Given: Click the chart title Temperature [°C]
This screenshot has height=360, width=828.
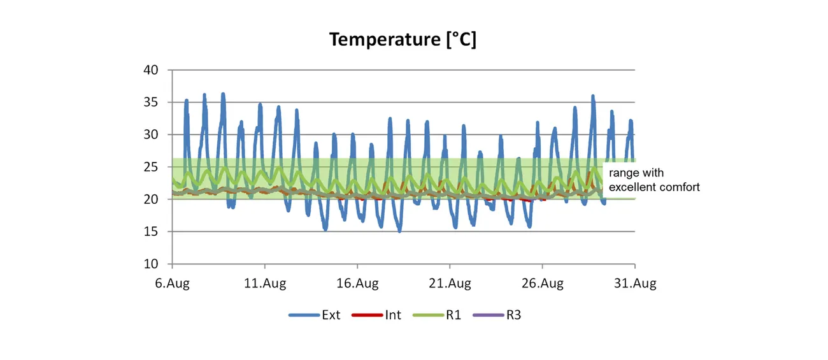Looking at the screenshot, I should coord(403,40).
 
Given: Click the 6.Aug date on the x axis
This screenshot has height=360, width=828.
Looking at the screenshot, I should coord(172,284).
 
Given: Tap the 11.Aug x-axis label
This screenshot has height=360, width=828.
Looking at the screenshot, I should coord(264,284).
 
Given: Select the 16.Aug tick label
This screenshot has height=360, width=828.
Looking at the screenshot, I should coord(357,284).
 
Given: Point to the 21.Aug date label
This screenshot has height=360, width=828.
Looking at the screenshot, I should coord(450,284).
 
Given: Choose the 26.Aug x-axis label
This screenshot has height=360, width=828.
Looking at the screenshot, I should coord(542,284).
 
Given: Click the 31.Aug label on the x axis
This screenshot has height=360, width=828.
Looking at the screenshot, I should coord(634,284).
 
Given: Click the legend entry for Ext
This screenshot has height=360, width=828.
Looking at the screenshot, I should coord(331,315).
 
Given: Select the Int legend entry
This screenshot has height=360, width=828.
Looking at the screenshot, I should coord(393,315).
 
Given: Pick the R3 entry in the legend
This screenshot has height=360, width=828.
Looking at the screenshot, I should coord(513,315).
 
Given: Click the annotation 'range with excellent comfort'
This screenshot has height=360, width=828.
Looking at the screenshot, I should coord(654,180).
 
